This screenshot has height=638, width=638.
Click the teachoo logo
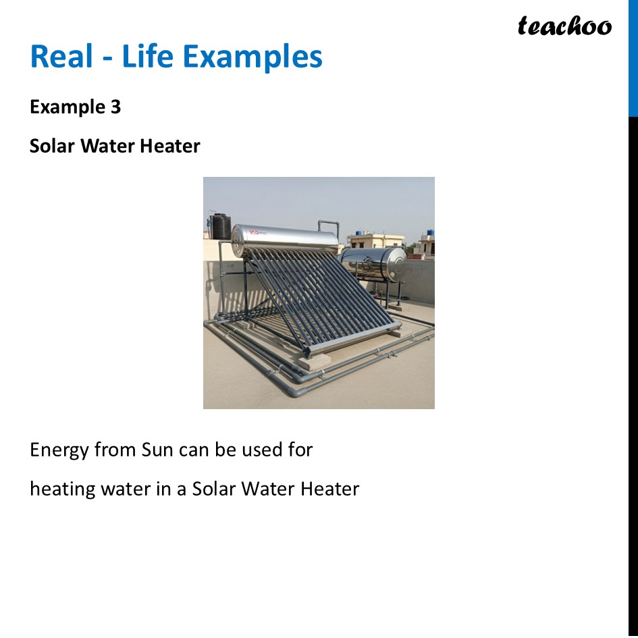[x=564, y=26]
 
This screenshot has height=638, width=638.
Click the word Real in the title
[x=59, y=57]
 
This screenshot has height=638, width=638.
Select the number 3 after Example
[x=115, y=107]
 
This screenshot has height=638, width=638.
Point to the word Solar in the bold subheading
[x=53, y=146]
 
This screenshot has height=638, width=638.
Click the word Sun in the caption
[x=158, y=450]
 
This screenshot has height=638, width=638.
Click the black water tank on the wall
[x=221, y=227]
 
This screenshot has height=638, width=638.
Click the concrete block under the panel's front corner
[x=315, y=362]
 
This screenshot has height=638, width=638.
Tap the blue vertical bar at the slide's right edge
[x=633, y=58]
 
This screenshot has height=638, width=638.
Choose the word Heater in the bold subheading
[x=172, y=146]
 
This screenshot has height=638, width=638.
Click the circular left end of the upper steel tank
[x=237, y=241]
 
